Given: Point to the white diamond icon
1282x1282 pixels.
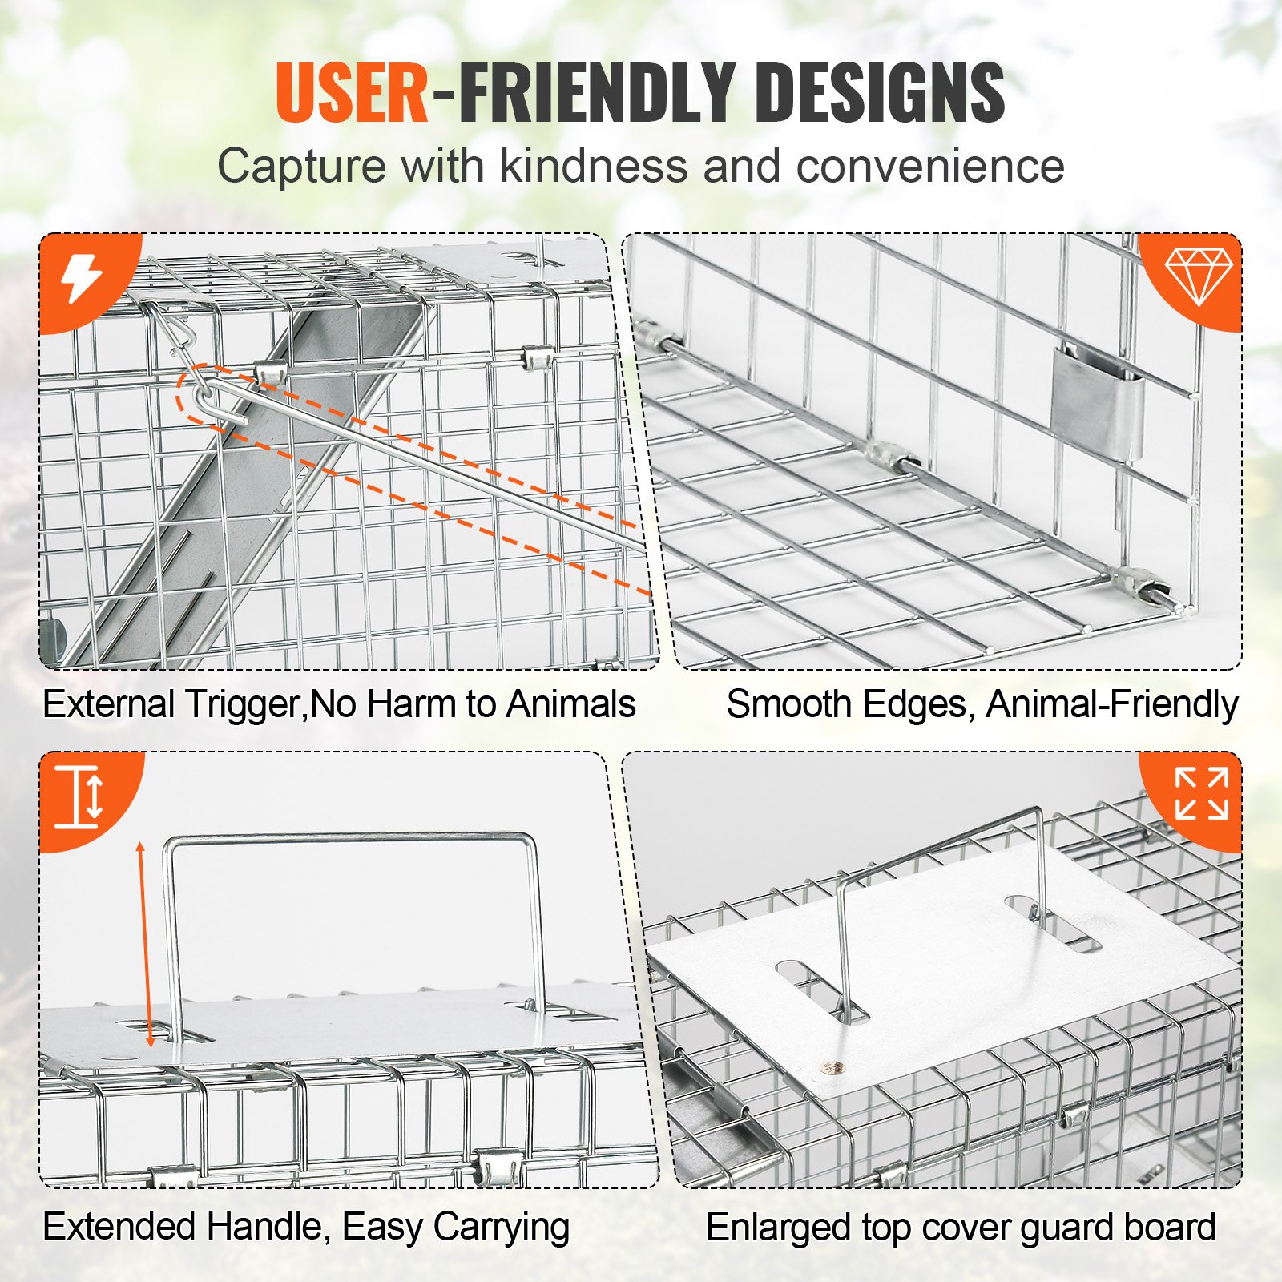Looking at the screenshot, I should (x=1198, y=276).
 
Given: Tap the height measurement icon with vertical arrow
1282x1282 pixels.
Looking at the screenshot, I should (x=80, y=796).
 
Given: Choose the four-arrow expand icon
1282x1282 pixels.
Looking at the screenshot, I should (x=1201, y=794).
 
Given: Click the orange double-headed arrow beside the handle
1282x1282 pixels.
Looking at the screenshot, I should (x=145, y=945).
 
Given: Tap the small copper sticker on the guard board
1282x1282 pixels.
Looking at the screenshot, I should (x=830, y=1066).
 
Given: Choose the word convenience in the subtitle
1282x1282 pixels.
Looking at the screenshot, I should (x=930, y=167).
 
